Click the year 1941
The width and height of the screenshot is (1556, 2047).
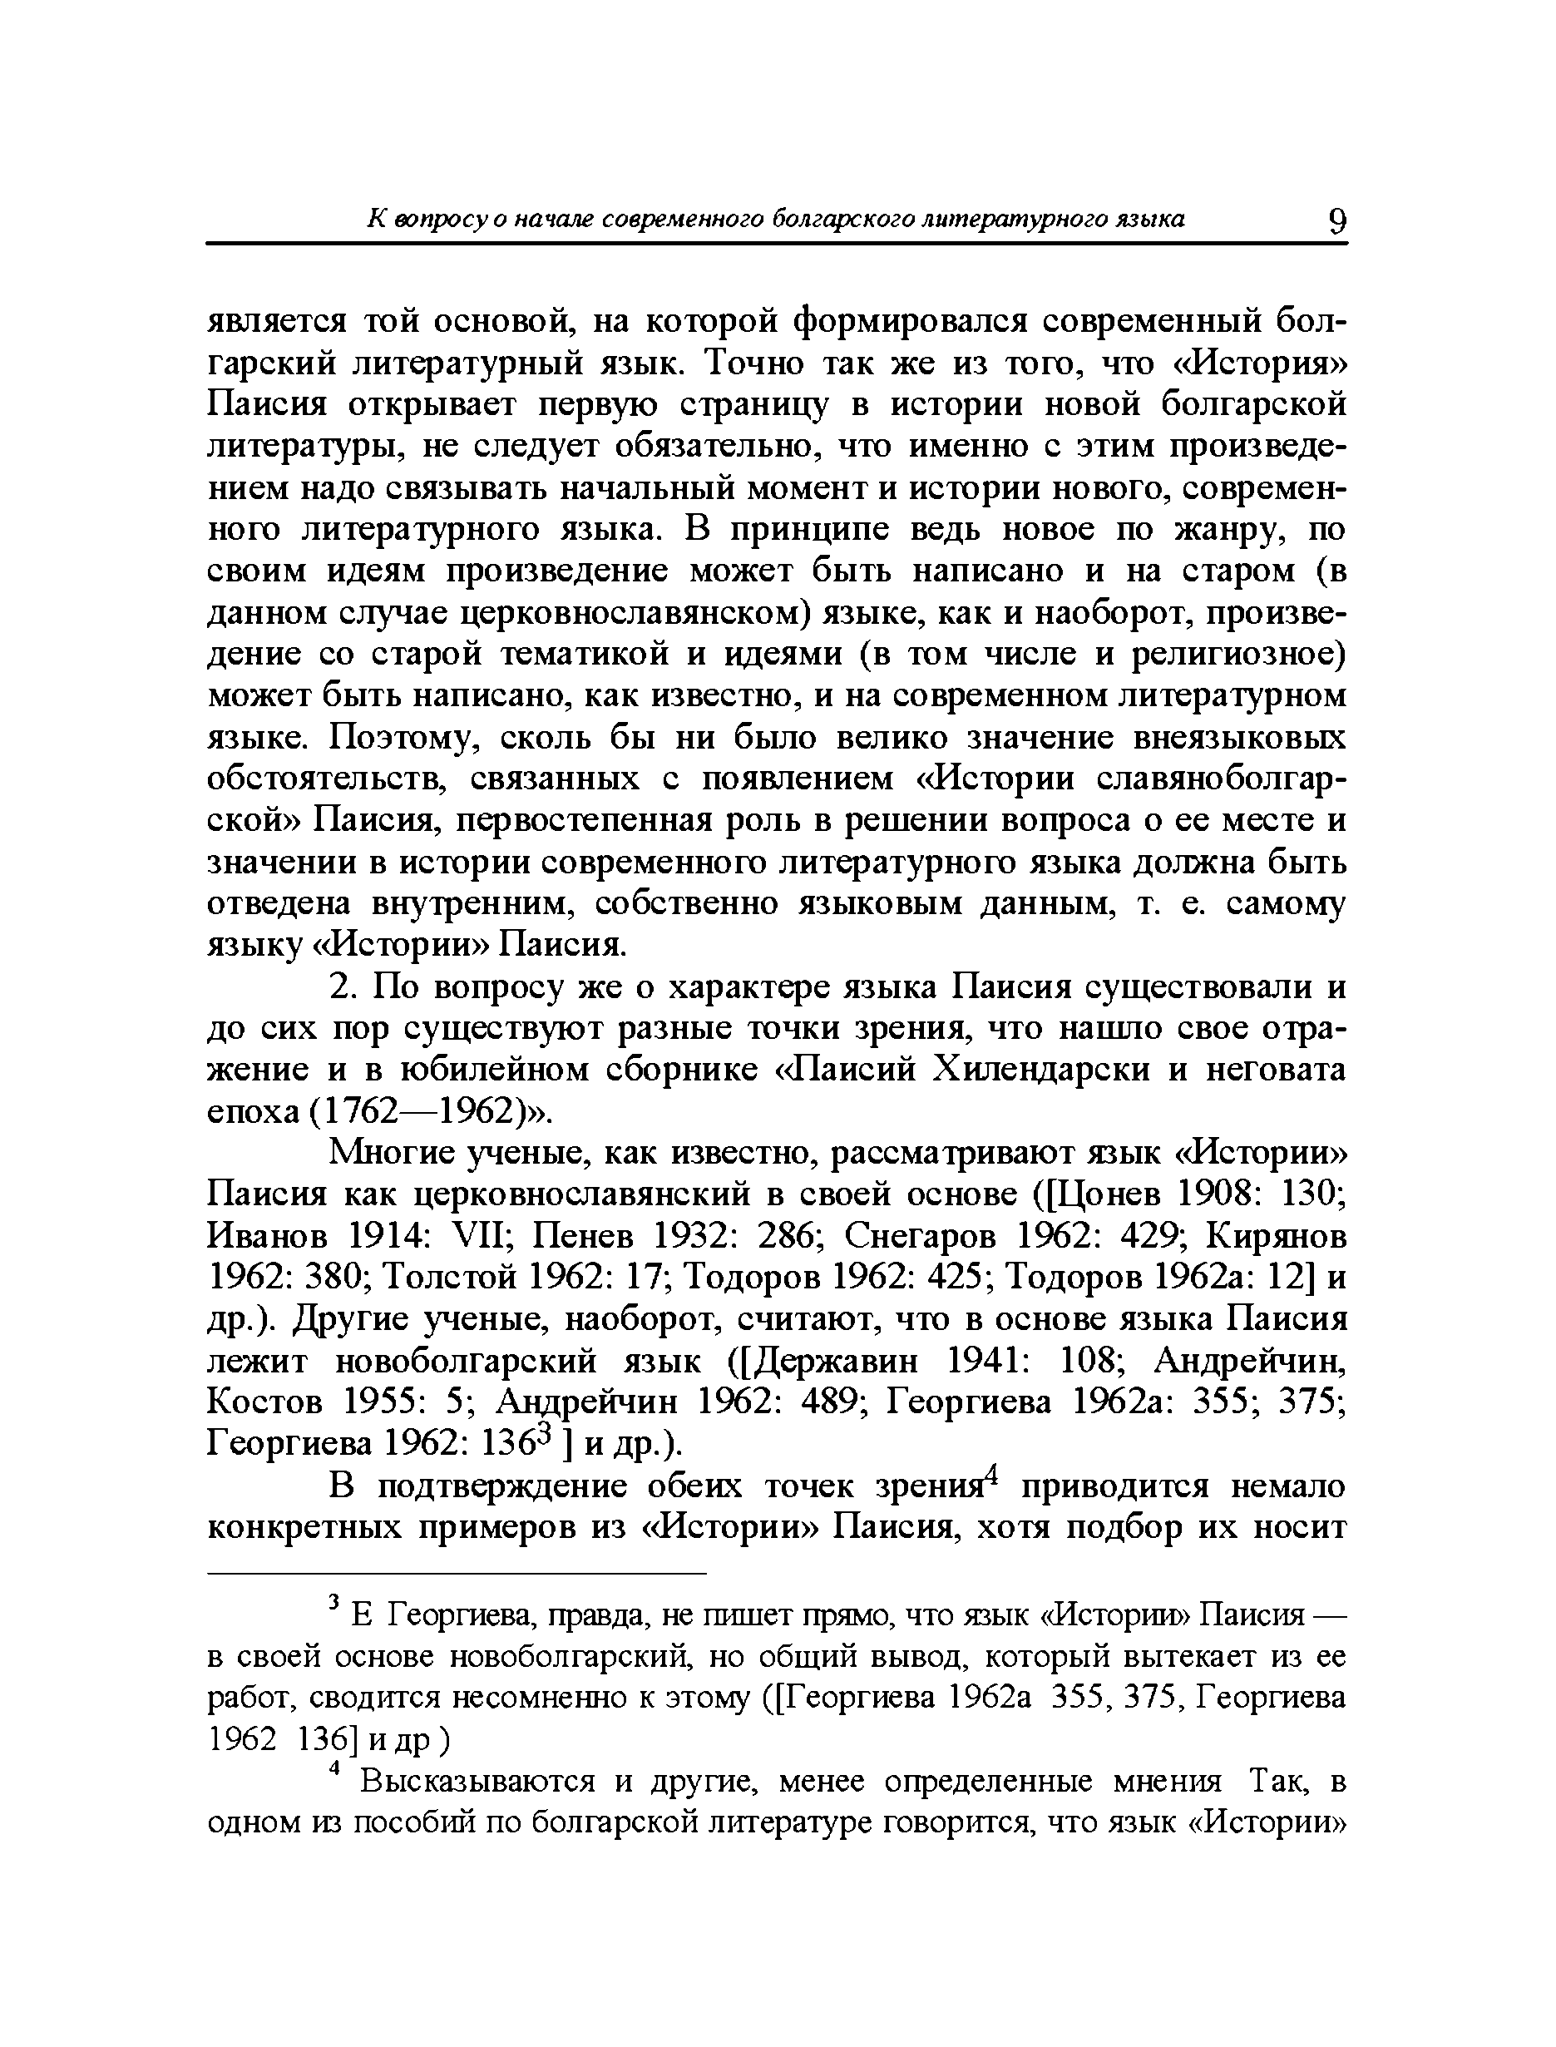tap(985, 1362)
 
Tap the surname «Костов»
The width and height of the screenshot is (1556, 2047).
tap(264, 1403)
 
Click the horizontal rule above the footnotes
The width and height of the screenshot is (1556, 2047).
tap(456, 1574)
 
